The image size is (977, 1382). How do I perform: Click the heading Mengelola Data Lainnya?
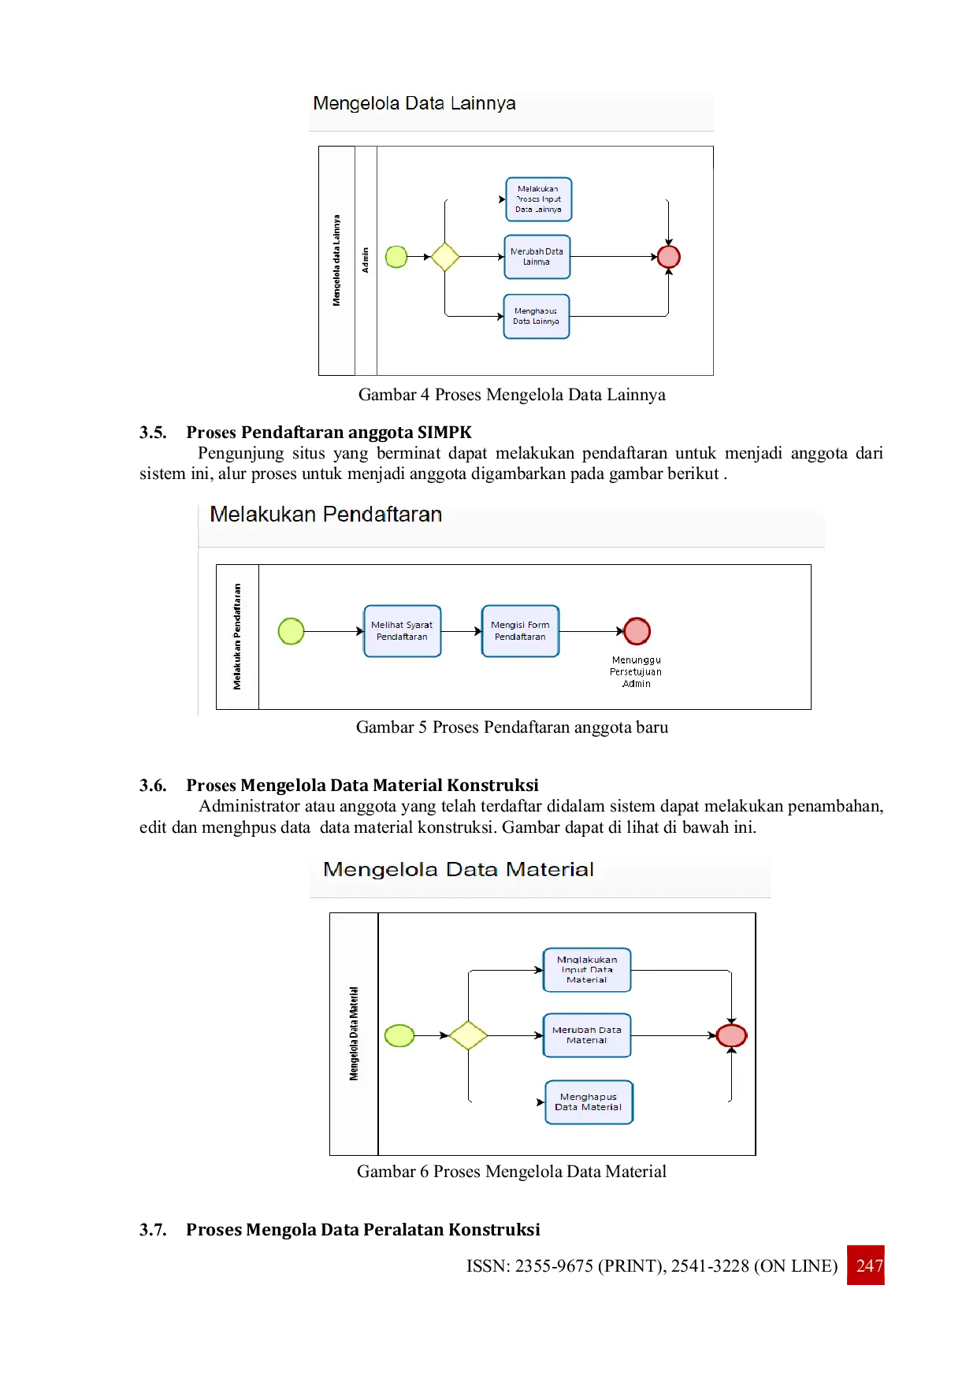tap(414, 103)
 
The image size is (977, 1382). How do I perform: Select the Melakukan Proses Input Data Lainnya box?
tap(539, 199)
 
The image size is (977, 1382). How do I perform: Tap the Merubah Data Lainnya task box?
tap(537, 257)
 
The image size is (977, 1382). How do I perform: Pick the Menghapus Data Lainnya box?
tap(536, 316)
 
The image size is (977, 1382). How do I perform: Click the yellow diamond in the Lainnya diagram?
tap(445, 257)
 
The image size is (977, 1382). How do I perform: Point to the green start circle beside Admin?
tap(396, 257)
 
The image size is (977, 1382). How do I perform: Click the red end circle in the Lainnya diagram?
tap(668, 257)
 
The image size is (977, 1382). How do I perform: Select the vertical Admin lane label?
tap(366, 260)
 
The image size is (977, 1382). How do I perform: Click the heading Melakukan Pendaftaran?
tap(325, 515)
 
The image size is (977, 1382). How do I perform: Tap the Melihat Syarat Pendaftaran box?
tap(402, 631)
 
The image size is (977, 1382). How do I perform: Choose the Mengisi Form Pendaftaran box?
tap(520, 631)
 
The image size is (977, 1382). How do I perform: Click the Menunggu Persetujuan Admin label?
tap(636, 672)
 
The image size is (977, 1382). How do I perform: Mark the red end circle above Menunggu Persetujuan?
tap(637, 631)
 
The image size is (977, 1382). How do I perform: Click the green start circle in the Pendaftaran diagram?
tap(292, 631)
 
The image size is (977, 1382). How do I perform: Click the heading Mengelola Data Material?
tap(458, 869)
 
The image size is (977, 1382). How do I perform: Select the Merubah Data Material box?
tap(587, 1035)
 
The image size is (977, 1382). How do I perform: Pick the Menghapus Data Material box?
tap(589, 1102)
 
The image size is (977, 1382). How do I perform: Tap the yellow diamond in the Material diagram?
tap(468, 1035)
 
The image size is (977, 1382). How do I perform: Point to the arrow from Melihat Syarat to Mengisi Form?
tap(462, 631)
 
